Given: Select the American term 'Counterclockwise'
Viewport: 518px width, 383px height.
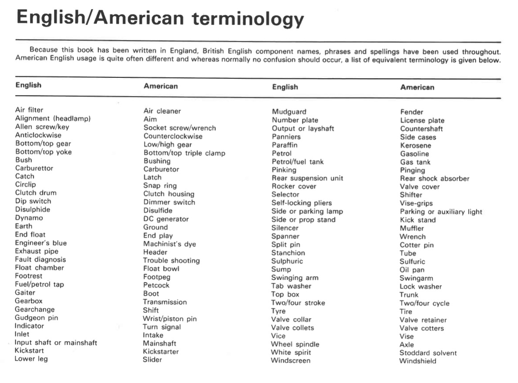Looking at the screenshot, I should (173, 136).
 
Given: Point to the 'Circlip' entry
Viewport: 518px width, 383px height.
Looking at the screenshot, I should (25, 184).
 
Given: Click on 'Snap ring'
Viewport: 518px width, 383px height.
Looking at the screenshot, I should (160, 186).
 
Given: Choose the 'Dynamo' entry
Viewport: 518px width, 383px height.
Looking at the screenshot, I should (29, 218).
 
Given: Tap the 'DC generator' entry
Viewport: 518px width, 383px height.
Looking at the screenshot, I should (166, 219).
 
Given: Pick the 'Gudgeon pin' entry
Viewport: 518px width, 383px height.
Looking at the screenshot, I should (36, 317).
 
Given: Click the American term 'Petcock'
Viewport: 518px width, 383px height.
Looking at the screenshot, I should (156, 285).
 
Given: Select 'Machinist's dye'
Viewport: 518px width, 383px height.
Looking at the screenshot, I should (169, 244).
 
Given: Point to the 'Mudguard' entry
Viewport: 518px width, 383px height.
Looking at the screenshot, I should (289, 112).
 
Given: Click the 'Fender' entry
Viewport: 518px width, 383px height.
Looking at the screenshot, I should (411, 112).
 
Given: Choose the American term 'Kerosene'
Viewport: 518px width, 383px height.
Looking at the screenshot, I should (415, 146).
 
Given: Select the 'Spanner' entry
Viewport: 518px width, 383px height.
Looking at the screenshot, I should (285, 236).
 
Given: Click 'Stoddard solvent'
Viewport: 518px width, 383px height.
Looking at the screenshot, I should (428, 353).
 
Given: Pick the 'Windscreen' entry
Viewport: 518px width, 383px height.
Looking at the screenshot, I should (290, 360).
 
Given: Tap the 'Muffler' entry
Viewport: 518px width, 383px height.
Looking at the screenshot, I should (411, 228).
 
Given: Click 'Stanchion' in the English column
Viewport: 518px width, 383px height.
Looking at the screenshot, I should (288, 253).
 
